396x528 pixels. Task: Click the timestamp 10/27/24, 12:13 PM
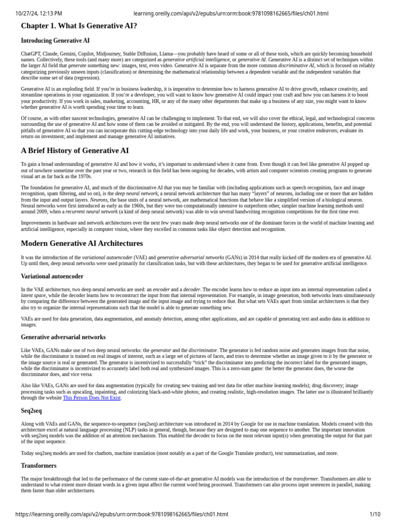[x=39, y=13]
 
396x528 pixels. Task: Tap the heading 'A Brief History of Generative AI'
[x=75, y=151]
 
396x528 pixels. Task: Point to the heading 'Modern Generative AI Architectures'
[x=82, y=243]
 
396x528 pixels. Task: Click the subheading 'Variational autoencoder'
[x=52, y=276]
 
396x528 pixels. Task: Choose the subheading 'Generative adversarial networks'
[x=63, y=337]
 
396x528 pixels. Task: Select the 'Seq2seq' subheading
[x=31, y=411]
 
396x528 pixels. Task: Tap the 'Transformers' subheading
[x=39, y=466]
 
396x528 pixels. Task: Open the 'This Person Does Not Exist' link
[x=92, y=398]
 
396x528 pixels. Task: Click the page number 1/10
[x=375, y=514]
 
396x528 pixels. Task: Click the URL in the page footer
[x=122, y=514]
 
